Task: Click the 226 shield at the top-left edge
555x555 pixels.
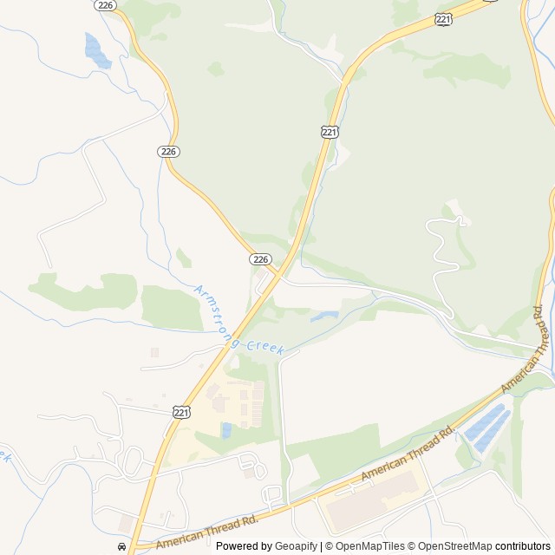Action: (x=106, y=5)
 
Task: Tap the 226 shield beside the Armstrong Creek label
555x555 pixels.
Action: (x=261, y=259)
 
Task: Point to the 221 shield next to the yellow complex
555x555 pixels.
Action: (x=180, y=412)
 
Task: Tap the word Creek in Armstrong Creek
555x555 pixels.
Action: (x=264, y=347)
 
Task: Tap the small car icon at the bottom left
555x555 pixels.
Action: (x=121, y=547)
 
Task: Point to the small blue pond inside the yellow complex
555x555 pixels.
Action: (x=226, y=430)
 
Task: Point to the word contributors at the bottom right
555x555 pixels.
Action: (x=523, y=546)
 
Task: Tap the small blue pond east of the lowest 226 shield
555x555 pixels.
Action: (x=324, y=317)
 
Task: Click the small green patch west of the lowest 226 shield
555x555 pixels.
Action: (x=183, y=258)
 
